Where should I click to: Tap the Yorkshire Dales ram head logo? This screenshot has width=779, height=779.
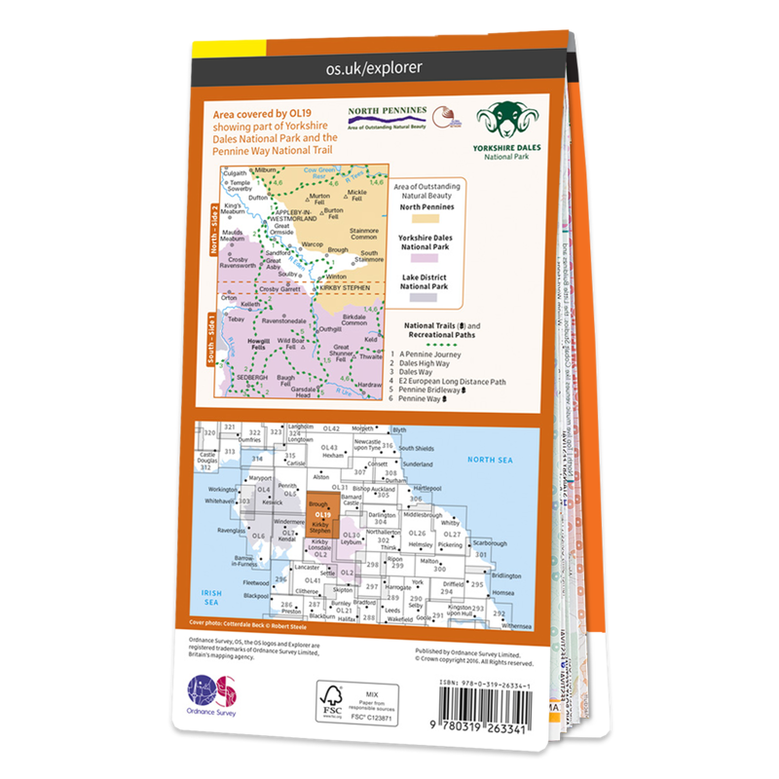(x=505, y=121)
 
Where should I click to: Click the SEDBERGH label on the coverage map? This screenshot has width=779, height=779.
(x=256, y=376)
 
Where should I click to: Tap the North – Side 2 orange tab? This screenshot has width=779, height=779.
(x=214, y=232)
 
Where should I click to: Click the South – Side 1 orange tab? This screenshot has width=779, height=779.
(x=214, y=342)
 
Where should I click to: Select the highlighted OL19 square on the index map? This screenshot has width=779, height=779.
(x=320, y=516)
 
